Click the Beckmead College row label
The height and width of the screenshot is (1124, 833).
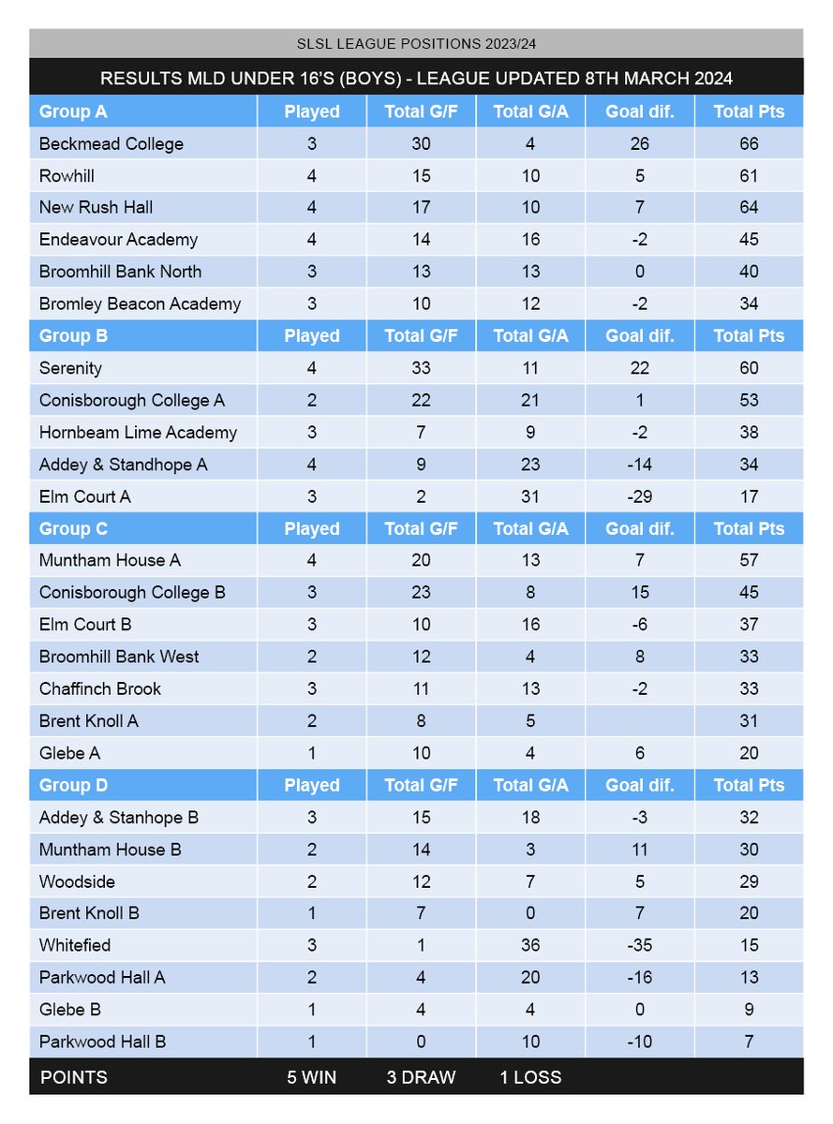tap(112, 144)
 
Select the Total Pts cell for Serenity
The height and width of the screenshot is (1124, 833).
tap(748, 368)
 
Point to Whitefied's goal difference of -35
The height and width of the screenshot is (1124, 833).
tap(639, 945)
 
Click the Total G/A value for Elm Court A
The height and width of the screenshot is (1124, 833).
tap(530, 496)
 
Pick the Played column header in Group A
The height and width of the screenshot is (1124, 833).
tap(312, 111)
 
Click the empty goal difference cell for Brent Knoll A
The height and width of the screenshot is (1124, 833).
tap(639, 721)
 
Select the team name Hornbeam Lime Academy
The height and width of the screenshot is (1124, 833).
tap(139, 433)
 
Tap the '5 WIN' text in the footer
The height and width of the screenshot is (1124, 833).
tap(311, 1077)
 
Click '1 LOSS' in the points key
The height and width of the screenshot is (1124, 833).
tap(530, 1077)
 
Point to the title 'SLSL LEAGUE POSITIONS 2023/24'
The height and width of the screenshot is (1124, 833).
tap(416, 44)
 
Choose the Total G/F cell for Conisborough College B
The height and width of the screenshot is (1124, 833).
tap(421, 593)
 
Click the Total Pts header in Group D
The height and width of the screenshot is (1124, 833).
tap(748, 785)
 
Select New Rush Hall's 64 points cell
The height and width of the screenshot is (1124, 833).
tap(748, 208)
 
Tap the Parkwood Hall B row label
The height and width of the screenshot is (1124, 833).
tap(103, 1042)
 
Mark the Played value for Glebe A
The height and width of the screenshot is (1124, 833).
tap(312, 753)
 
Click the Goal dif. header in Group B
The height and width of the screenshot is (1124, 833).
tap(639, 336)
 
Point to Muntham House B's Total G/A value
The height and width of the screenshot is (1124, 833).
tap(530, 850)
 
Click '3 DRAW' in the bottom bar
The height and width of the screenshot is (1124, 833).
tap(421, 1077)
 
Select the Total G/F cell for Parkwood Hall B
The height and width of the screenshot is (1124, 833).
tap(421, 1042)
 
